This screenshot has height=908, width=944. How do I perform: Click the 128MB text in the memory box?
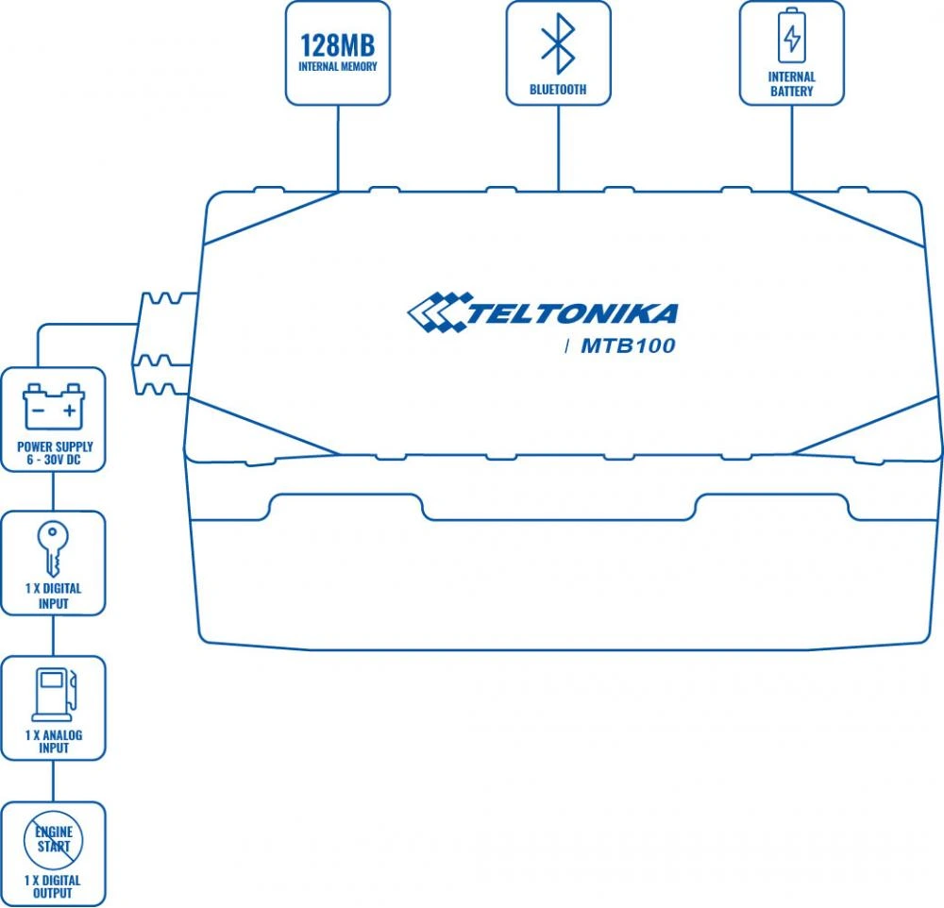click(x=337, y=45)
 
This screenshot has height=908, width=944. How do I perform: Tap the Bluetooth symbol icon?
click(x=558, y=43)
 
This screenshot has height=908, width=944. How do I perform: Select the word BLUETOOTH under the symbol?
click(x=558, y=90)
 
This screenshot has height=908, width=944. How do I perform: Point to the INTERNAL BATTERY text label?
click(x=791, y=84)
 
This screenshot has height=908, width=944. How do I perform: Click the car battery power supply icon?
click(x=54, y=405)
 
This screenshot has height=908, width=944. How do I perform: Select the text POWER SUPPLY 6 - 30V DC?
click(x=55, y=453)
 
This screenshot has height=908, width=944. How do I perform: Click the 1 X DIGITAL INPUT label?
click(x=54, y=596)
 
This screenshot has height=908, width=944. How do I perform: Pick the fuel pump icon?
click(x=54, y=693)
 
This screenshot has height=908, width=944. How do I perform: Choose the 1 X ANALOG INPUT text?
click(x=54, y=741)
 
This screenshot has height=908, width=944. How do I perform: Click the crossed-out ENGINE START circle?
click(x=53, y=838)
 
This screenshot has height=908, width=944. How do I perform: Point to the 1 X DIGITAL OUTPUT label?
click(x=54, y=887)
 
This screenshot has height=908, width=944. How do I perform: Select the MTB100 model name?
click(x=628, y=346)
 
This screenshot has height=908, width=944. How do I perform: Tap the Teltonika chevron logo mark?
click(x=436, y=313)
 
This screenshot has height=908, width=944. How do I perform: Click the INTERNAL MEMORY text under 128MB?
click(x=337, y=67)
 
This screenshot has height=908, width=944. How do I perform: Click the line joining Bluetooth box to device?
click(x=558, y=146)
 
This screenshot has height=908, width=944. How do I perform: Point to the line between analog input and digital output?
click(x=53, y=781)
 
